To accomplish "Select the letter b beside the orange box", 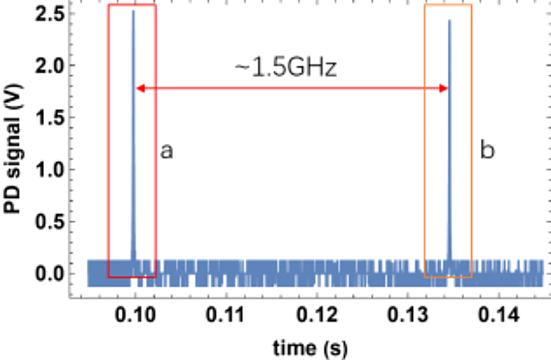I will [x=487, y=151].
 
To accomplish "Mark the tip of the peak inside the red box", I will [x=133, y=12].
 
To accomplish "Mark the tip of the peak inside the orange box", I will [x=449, y=21].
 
